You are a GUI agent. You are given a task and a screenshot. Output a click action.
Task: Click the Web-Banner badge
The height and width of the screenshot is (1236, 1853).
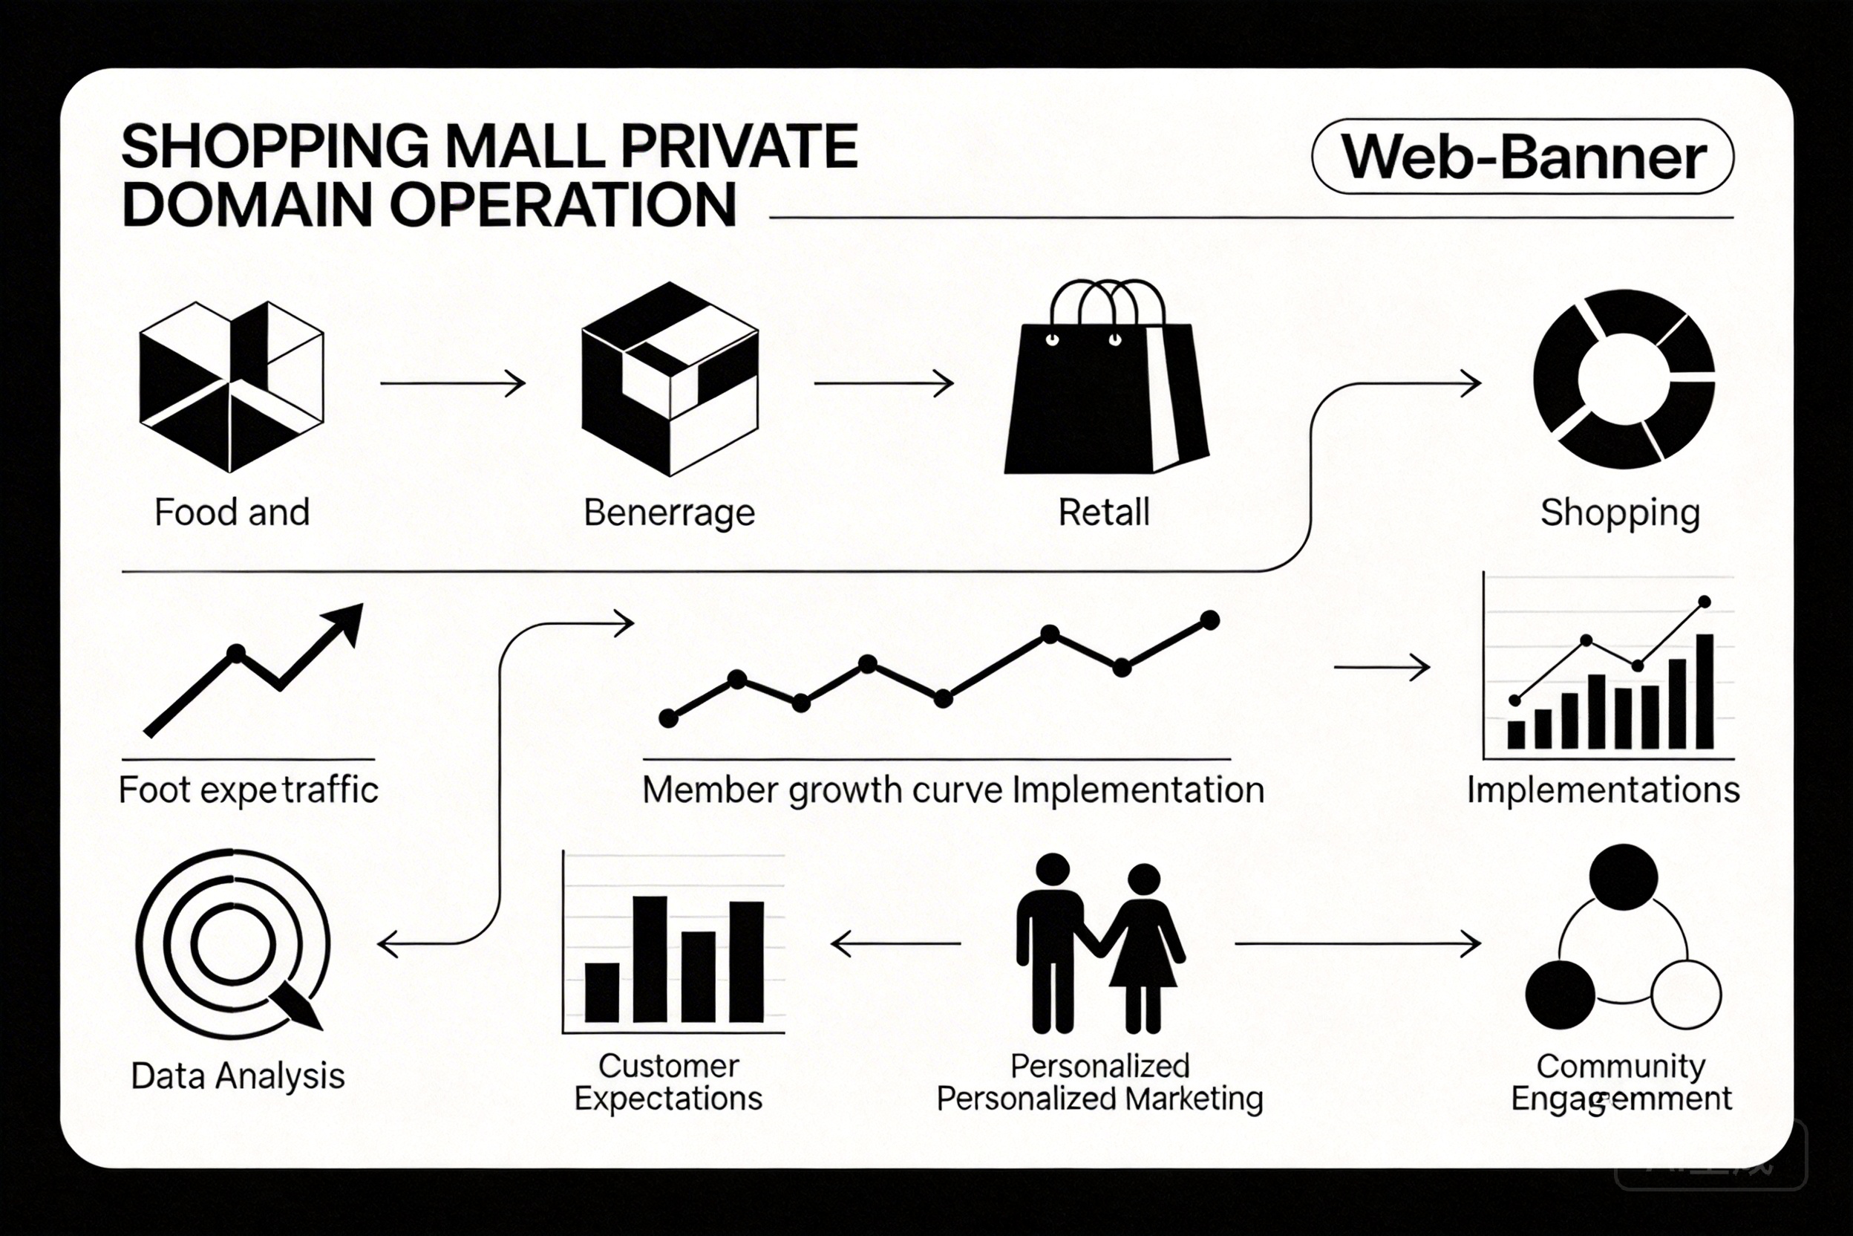[x=1522, y=157]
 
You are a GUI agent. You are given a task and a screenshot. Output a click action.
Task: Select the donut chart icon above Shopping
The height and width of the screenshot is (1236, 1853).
[x=1624, y=378]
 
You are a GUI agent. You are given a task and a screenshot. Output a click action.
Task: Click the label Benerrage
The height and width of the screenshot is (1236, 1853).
[x=669, y=513]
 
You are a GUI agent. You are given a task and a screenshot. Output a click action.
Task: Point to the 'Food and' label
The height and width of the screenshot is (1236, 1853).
[x=232, y=513]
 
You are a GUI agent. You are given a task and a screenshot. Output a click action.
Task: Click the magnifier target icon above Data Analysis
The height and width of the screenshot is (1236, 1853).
[x=233, y=944]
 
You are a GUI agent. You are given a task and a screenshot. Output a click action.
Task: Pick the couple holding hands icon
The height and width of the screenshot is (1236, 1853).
[x=1099, y=944]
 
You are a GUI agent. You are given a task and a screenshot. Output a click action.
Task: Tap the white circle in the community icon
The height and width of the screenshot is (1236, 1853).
[x=1685, y=995]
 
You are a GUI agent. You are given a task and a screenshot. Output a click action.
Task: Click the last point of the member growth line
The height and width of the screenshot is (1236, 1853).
[x=1210, y=620]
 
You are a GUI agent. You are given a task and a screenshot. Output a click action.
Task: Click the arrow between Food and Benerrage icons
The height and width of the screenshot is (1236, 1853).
[x=452, y=384]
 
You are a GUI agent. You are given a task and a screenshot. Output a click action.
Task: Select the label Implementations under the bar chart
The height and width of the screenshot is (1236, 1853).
[x=1603, y=790]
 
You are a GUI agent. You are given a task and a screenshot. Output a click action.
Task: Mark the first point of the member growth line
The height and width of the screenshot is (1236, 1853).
[x=668, y=718]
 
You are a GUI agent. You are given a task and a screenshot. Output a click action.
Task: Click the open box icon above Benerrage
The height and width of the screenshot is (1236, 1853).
[x=670, y=378]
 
